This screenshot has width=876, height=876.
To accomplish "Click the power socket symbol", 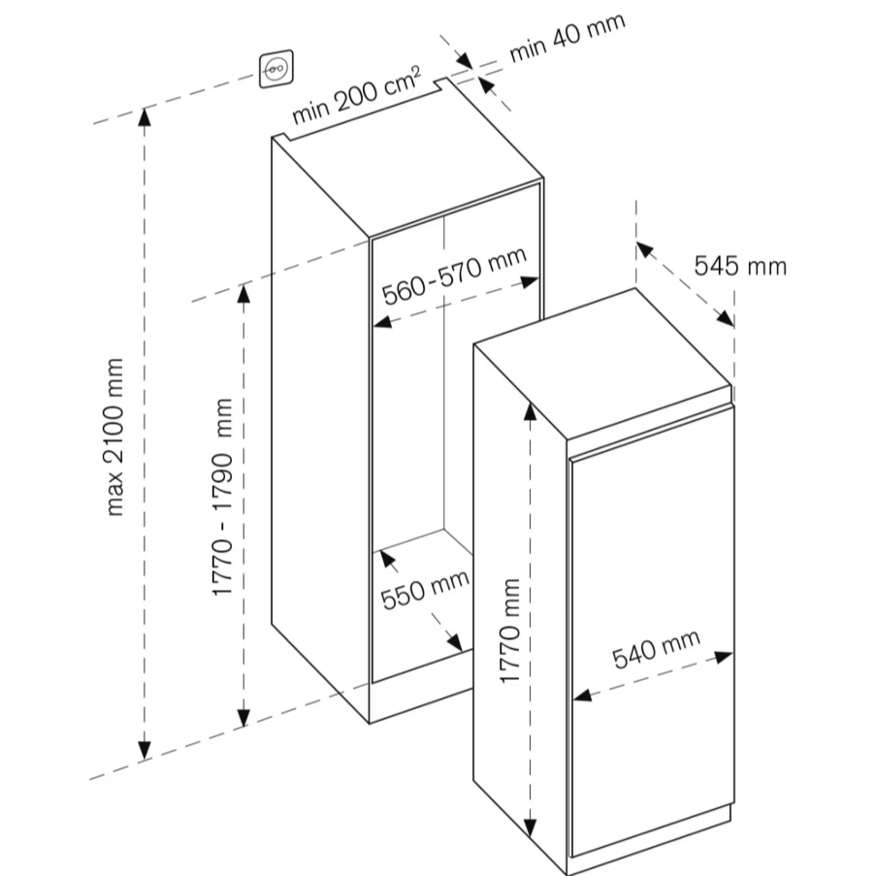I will [276, 69].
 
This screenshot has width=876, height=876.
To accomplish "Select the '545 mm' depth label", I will [740, 264].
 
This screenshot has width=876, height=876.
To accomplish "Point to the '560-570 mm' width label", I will [453, 276].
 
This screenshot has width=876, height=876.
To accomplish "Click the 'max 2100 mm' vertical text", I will [116, 436].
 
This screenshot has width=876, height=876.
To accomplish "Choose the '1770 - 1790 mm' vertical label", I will [224, 496].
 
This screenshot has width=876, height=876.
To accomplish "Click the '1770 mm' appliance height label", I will [511, 631].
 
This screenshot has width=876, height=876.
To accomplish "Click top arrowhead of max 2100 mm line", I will [145, 115].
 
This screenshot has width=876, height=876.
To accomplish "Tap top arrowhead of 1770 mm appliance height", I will [530, 408].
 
